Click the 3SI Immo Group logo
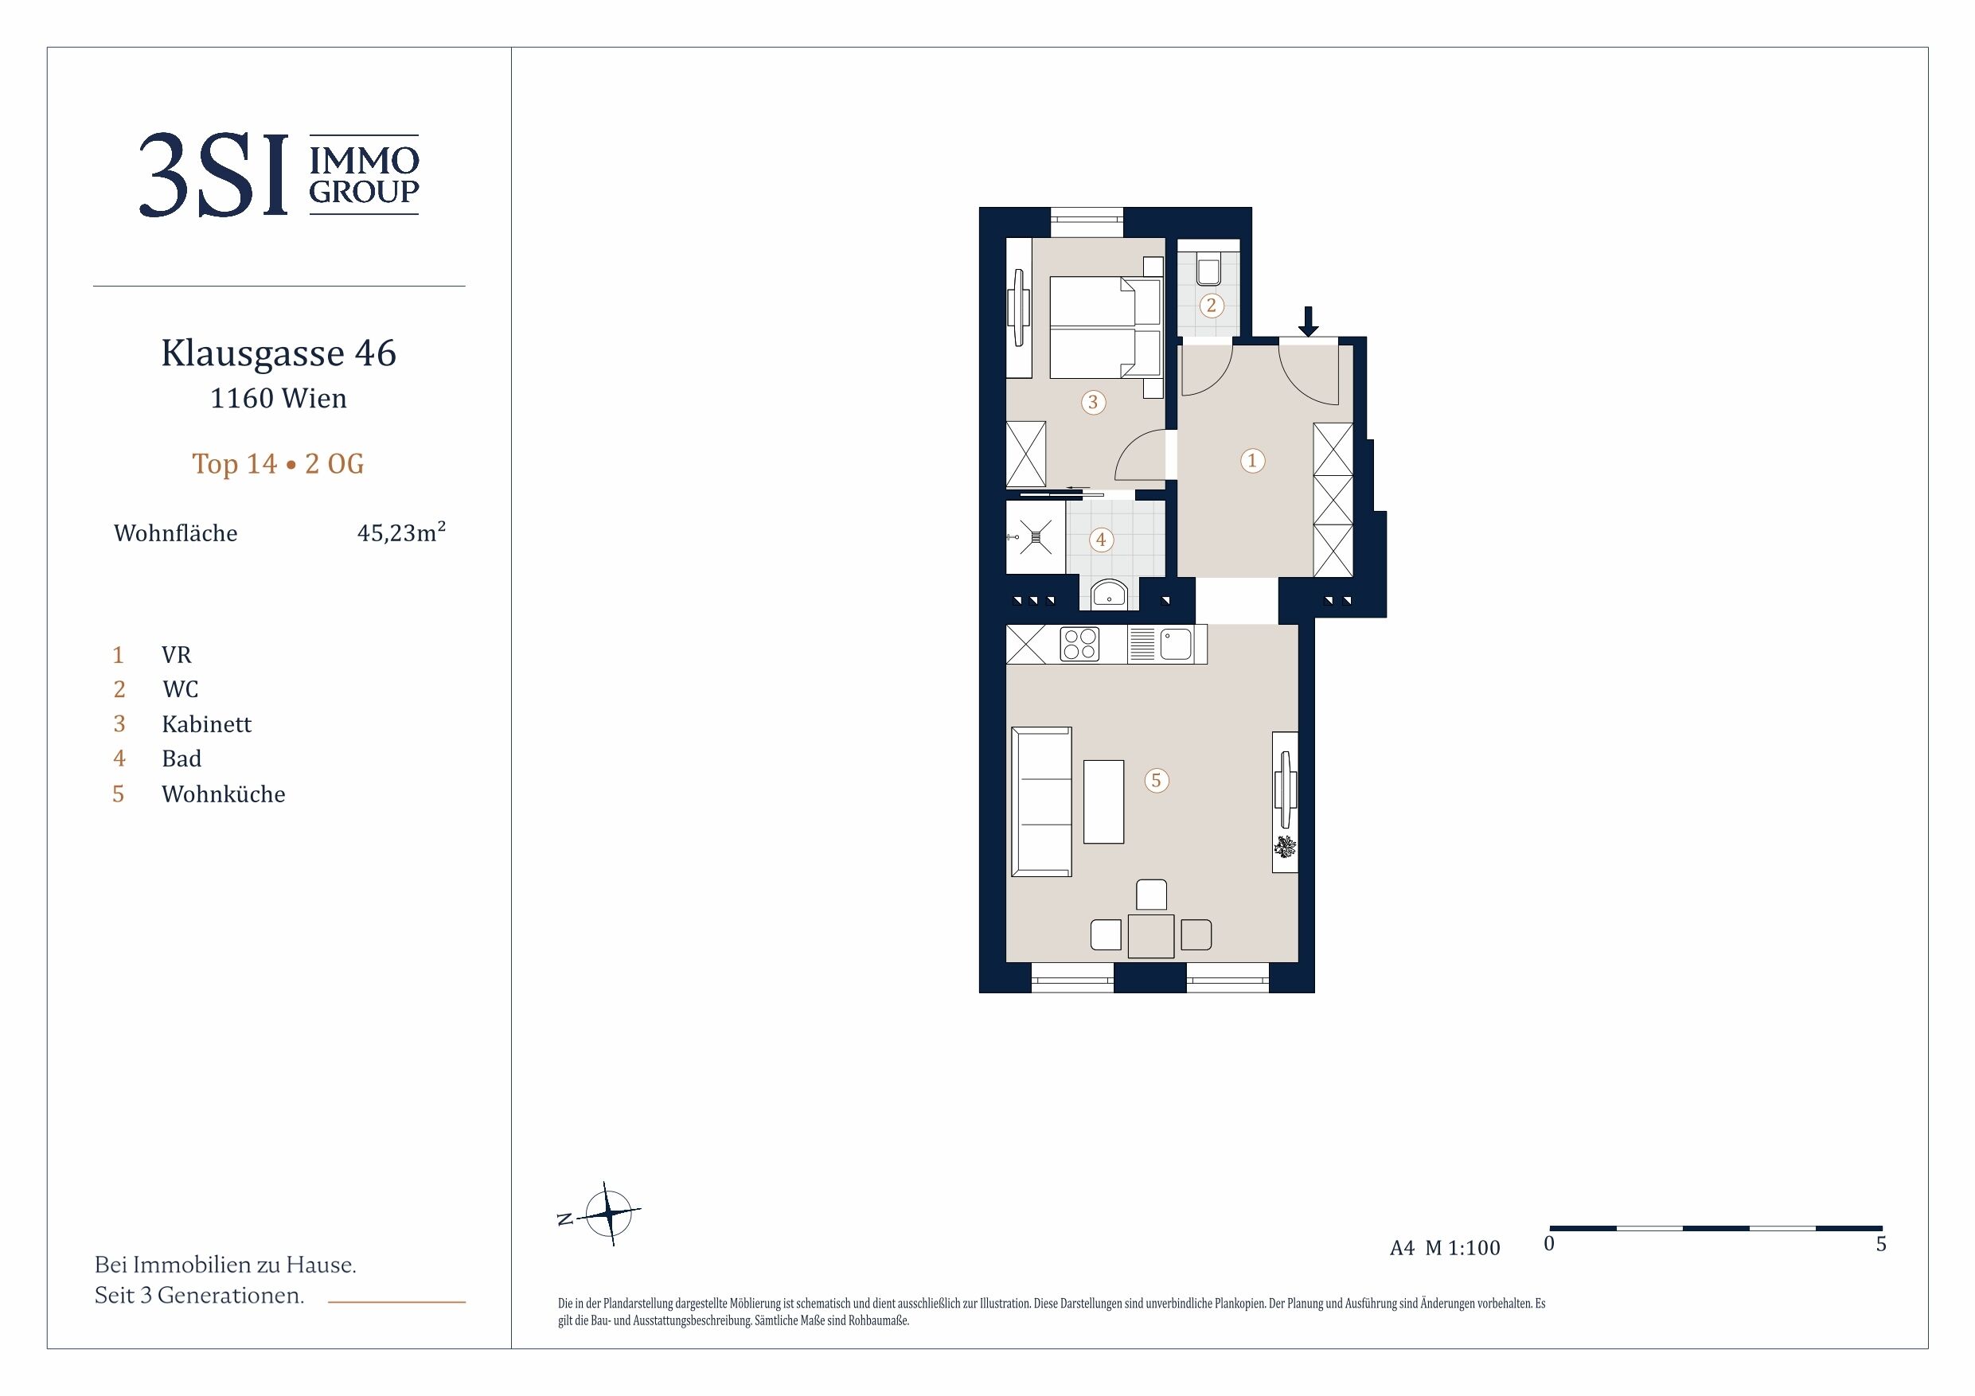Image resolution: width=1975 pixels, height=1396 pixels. pos(279,174)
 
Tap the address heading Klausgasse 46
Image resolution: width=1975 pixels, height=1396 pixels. pos(279,353)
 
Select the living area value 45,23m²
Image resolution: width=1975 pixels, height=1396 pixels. pos(401,532)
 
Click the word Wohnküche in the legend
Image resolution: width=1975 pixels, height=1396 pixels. pos(224,793)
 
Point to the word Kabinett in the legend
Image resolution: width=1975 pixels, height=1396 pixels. pos(206,723)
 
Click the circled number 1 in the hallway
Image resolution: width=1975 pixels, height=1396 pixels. pos(1251,460)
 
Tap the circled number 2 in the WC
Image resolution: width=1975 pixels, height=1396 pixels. pos(1211,305)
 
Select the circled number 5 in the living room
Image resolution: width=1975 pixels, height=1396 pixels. pos(1156,780)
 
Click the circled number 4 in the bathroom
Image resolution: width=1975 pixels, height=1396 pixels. pos(1100,540)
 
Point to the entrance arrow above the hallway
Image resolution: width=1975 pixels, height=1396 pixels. pos(1307,321)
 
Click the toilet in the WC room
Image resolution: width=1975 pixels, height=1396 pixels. pos(1208,267)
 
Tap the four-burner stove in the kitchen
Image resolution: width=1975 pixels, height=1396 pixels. pos(1079,644)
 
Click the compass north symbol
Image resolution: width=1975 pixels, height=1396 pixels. pos(608,1214)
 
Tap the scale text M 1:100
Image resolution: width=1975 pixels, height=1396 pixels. pos(1462,1247)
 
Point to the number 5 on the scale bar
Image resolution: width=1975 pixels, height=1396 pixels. pos(1880,1244)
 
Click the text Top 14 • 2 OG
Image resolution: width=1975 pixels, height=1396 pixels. pos(278,464)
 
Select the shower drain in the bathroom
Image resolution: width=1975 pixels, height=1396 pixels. pos(1036,537)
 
